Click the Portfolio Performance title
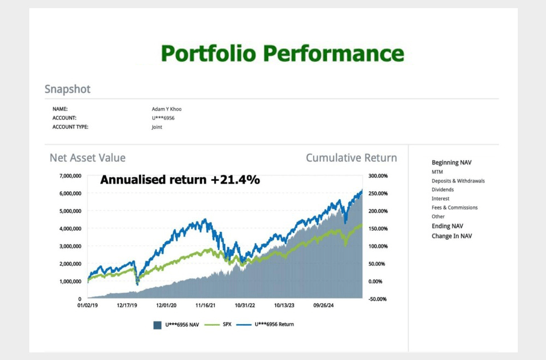click(x=282, y=54)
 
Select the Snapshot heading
click(x=67, y=89)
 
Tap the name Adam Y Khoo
click(x=167, y=109)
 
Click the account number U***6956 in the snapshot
click(x=163, y=118)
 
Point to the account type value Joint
click(x=157, y=127)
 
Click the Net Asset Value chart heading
click(x=87, y=158)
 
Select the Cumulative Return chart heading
click(x=351, y=158)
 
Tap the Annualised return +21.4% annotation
click(x=180, y=179)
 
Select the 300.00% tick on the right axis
click(x=378, y=176)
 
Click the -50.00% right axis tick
click(x=378, y=299)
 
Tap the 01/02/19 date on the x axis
click(x=87, y=306)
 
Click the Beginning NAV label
click(x=452, y=162)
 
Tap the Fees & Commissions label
click(x=454, y=207)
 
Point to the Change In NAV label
click(x=452, y=236)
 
